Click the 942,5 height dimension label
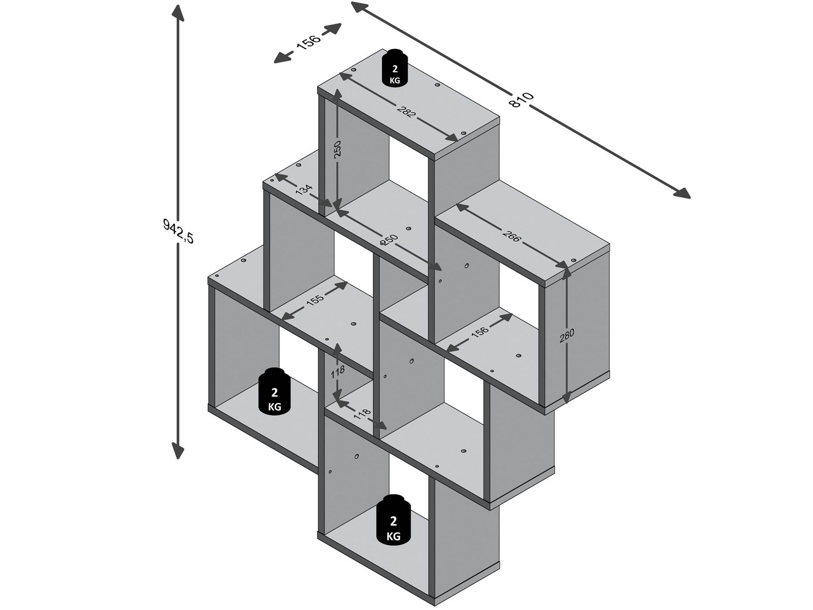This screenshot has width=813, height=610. (178, 231)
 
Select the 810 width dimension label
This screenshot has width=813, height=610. (521, 99)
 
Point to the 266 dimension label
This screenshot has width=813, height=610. (511, 236)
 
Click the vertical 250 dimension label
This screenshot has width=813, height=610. (338, 148)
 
